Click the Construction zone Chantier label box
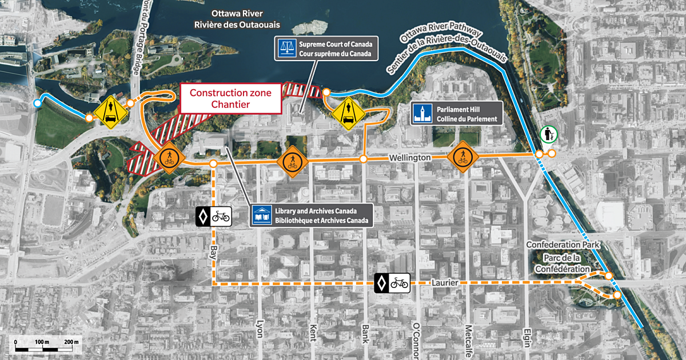(230, 98)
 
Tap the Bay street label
(213, 251)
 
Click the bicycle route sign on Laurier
(392, 282)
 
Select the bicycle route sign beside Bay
(213, 217)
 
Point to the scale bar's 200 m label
(71, 341)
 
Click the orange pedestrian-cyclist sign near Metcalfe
(462, 157)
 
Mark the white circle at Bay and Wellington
(213, 164)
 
